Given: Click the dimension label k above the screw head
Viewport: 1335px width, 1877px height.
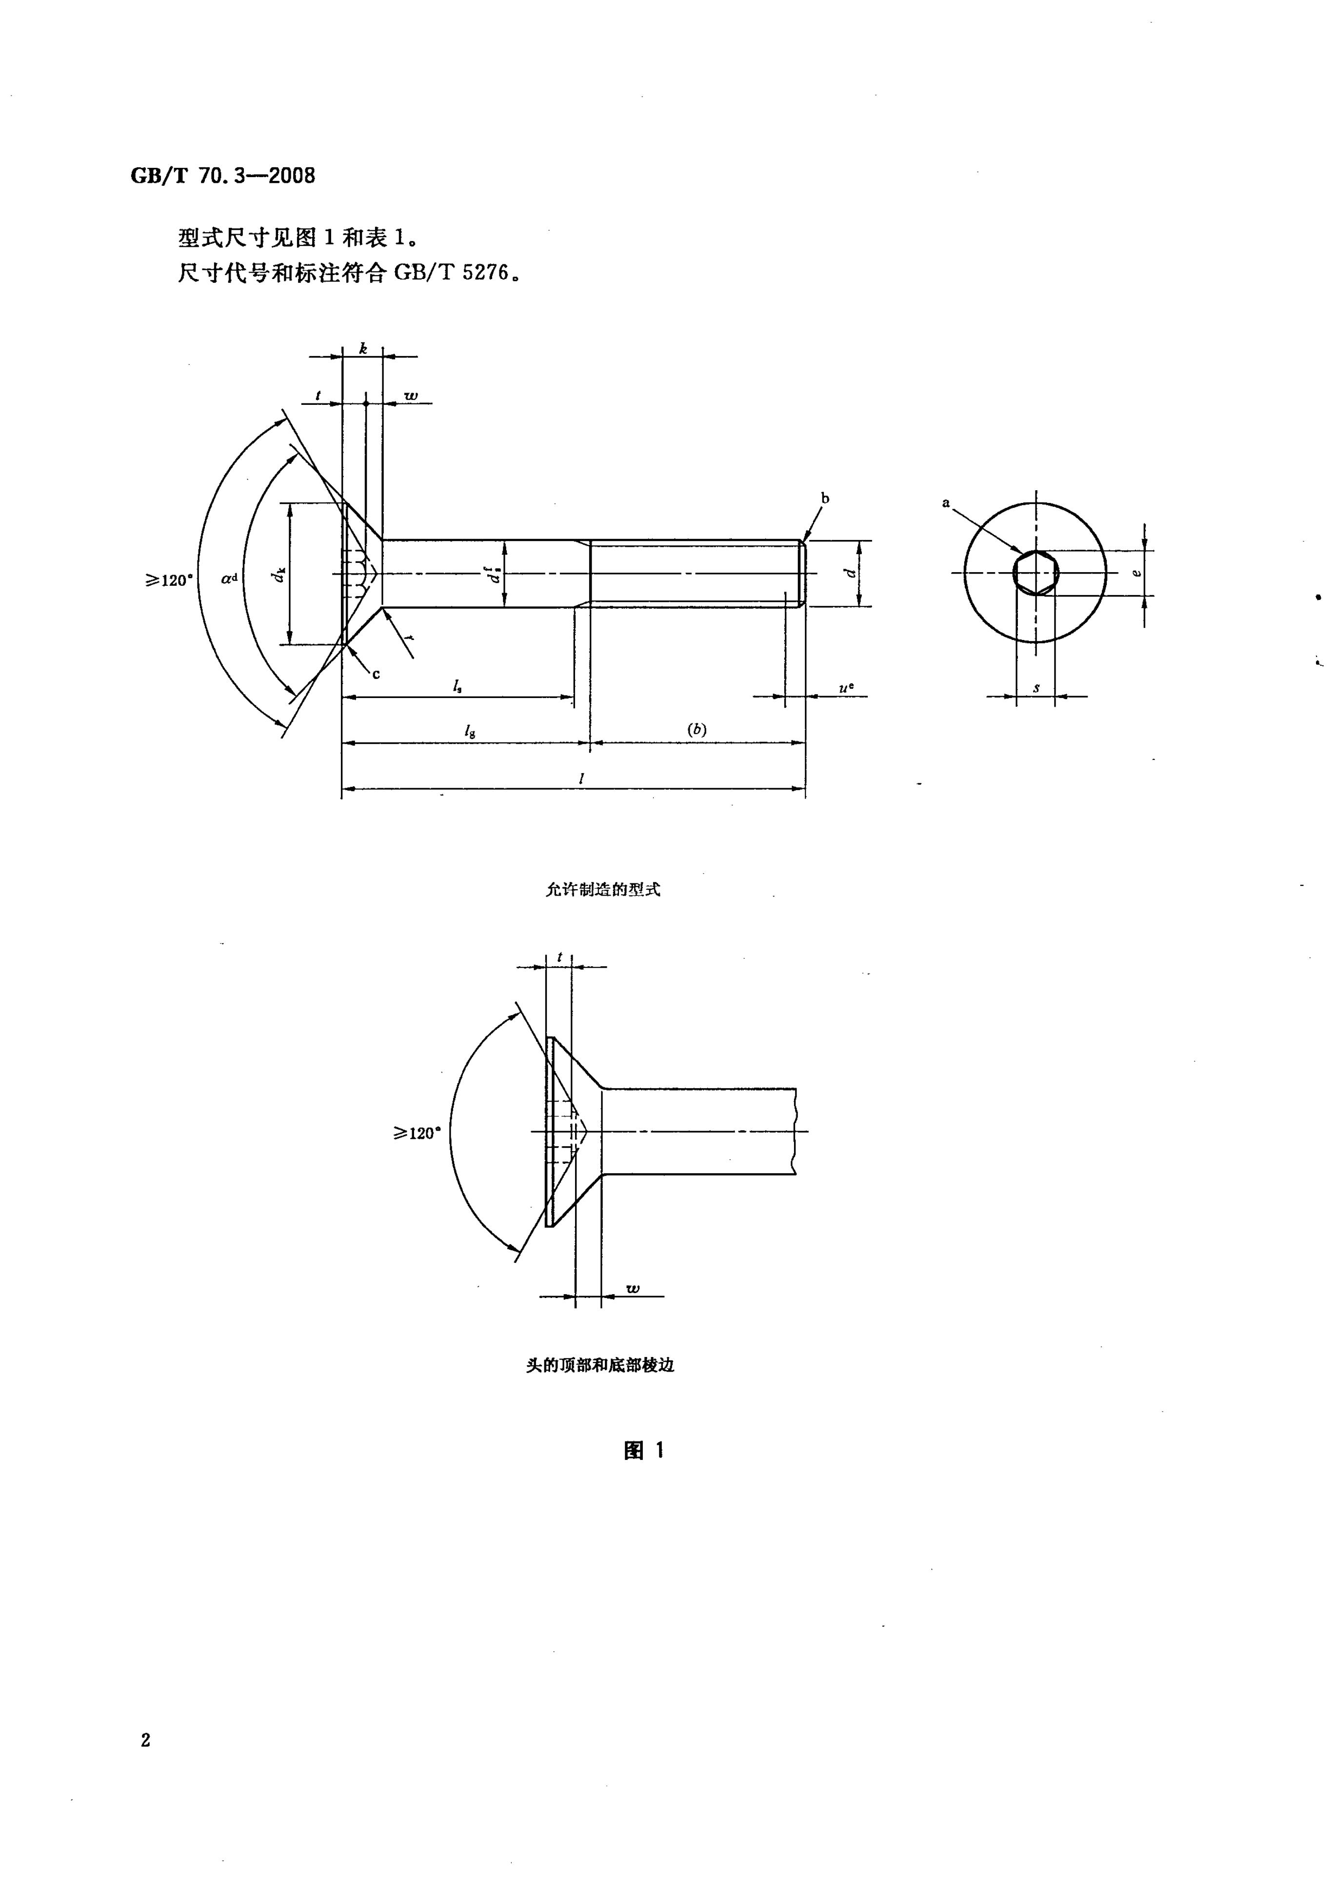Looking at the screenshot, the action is pyautogui.click(x=362, y=349).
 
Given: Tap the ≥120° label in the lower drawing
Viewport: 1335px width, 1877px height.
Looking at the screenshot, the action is pyautogui.click(x=417, y=1133).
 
